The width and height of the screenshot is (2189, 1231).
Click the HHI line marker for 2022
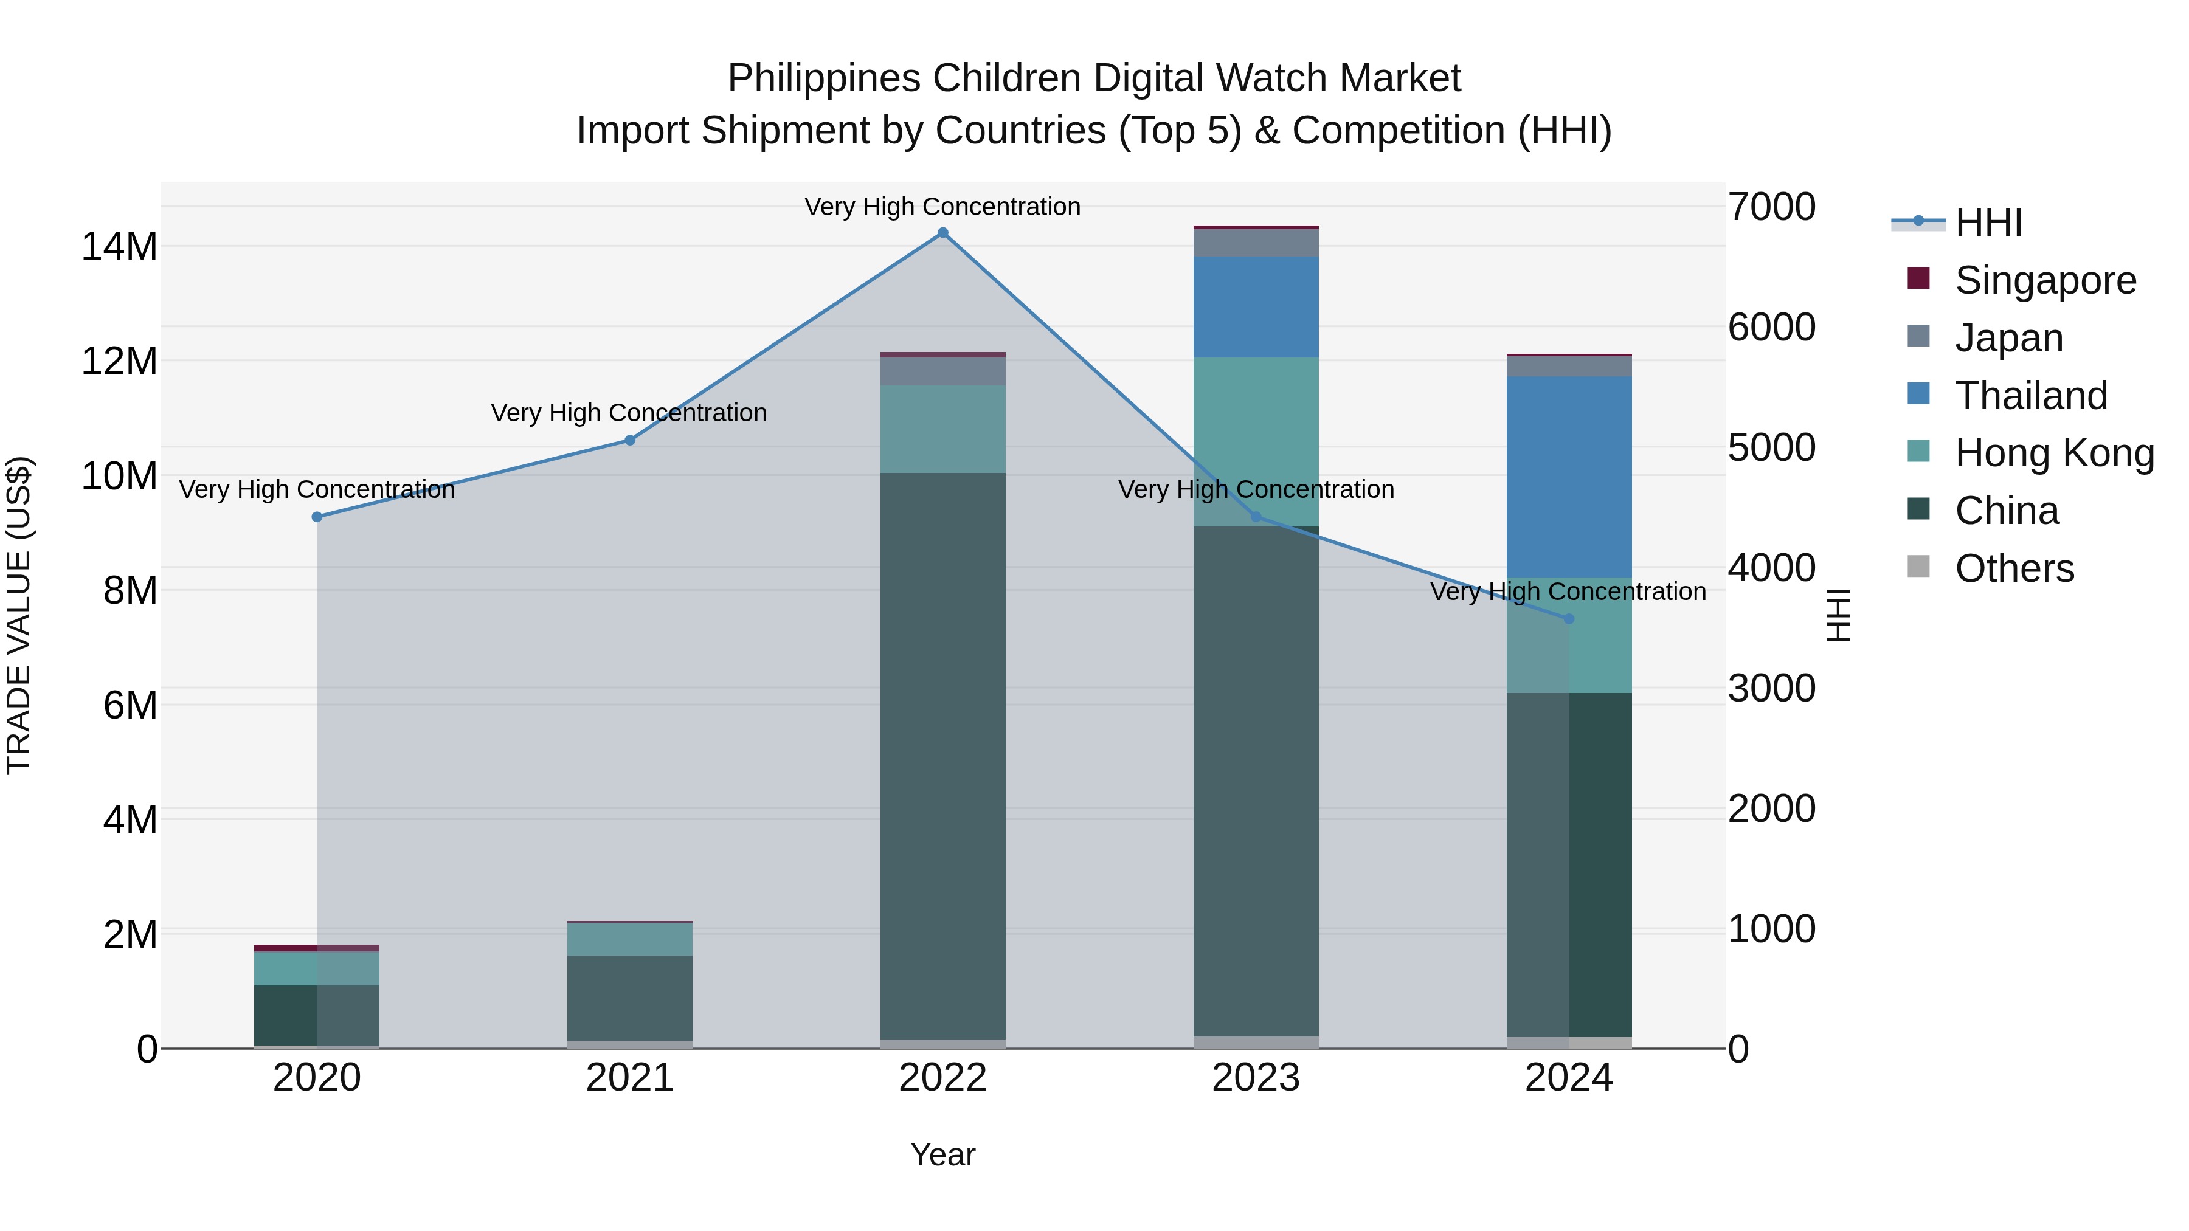coord(942,233)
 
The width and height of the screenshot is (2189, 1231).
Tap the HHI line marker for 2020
coord(317,517)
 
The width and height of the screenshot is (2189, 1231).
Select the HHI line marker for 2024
coord(1569,618)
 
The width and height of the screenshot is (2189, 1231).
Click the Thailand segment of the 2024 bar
coord(1569,476)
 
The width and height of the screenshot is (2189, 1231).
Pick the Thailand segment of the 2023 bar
coord(1256,306)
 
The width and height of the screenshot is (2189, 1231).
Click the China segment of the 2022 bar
coord(942,756)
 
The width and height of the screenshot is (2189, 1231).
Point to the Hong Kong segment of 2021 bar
coord(630,939)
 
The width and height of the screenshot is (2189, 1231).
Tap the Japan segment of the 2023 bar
coord(1256,243)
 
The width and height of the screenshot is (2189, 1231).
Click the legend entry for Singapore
coord(2044,280)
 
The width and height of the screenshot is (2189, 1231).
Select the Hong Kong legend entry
coord(2053,453)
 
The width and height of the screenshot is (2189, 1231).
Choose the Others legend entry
coord(2014,568)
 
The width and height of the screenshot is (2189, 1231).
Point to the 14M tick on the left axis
coord(119,246)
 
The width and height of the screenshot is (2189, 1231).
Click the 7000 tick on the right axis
coord(1772,207)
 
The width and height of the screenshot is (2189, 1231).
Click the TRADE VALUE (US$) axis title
coord(19,615)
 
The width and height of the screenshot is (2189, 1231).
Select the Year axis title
coord(942,1154)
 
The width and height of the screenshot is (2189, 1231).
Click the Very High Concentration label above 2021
coord(629,413)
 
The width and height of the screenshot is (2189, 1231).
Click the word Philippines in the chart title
coord(823,78)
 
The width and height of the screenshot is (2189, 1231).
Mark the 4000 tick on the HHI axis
coord(1772,568)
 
